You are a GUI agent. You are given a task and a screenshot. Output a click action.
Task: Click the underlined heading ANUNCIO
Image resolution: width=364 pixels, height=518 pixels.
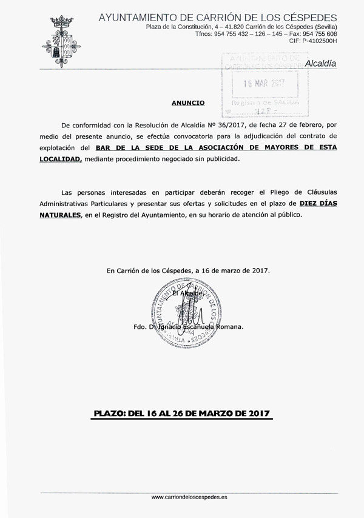point(188,104)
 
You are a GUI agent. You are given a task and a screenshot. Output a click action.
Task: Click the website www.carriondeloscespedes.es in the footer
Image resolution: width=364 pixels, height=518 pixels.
point(189,497)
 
